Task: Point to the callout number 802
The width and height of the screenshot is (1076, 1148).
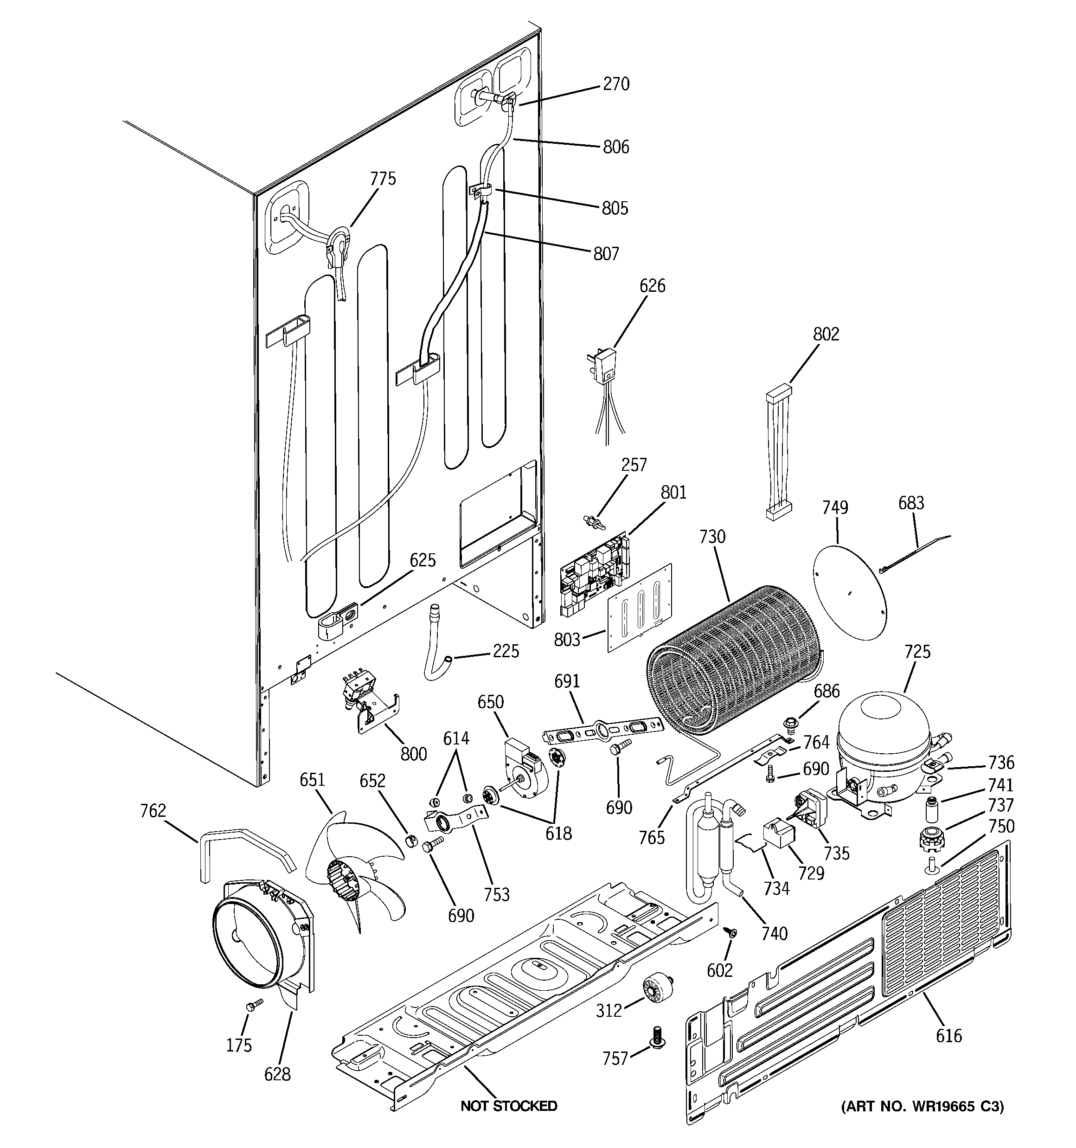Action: (826, 334)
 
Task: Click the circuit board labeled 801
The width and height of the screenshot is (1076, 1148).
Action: (594, 574)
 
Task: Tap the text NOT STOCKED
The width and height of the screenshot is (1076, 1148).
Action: (509, 1106)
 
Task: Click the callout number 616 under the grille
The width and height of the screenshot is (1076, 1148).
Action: (949, 1036)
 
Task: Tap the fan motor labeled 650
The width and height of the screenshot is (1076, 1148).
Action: (523, 766)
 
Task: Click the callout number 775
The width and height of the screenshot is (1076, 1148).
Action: (383, 179)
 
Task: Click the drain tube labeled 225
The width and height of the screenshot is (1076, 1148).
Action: (438, 644)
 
